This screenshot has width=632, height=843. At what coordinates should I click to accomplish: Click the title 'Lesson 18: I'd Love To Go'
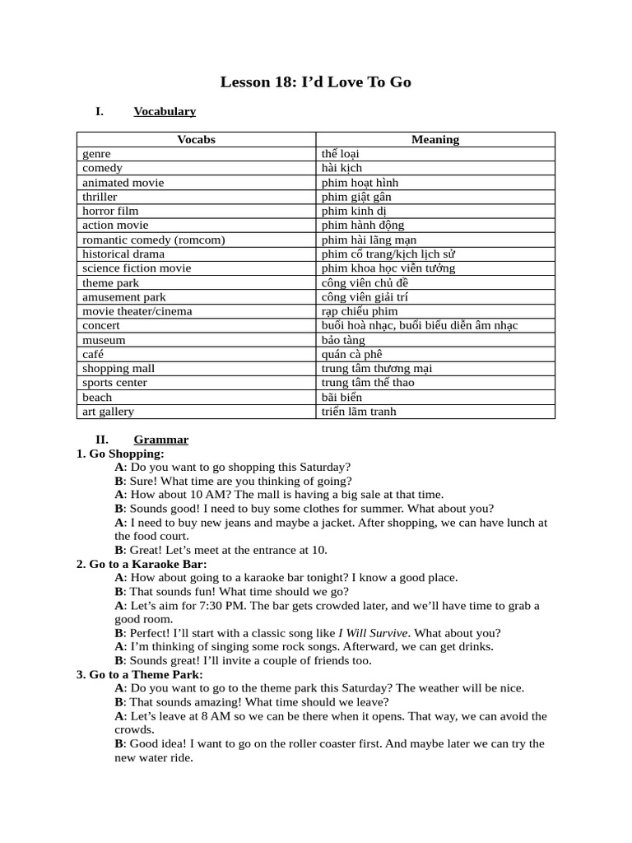tap(316, 82)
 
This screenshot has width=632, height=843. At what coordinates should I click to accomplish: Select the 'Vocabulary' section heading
tap(165, 111)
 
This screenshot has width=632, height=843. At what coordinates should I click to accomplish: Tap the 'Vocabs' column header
tap(196, 139)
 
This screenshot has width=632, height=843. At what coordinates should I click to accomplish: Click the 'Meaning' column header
tap(435, 139)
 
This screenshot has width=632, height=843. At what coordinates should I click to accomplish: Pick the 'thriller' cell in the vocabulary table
tap(100, 197)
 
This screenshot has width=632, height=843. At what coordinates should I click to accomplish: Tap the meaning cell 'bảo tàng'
tap(343, 339)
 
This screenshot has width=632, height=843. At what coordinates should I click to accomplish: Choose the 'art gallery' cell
tap(108, 411)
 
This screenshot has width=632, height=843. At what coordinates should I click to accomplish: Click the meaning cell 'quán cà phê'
tap(354, 354)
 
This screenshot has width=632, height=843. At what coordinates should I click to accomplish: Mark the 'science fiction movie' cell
tap(137, 268)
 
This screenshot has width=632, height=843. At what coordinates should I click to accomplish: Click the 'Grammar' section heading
tap(161, 440)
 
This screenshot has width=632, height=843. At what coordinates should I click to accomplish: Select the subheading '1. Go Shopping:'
tap(120, 454)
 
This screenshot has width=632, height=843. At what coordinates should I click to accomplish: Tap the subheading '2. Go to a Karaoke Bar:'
tap(142, 564)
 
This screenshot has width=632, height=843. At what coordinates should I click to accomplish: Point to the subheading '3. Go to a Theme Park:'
tap(140, 674)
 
